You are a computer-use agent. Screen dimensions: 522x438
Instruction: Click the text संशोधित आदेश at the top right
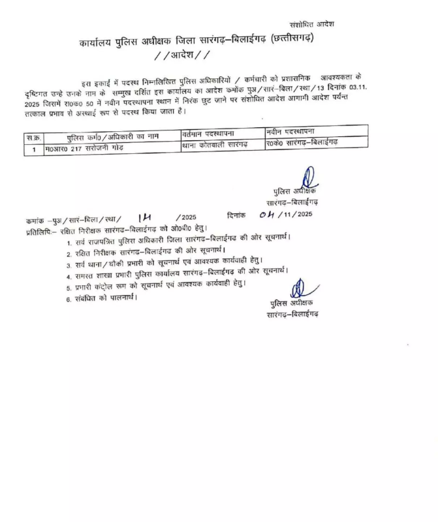[x=312, y=23]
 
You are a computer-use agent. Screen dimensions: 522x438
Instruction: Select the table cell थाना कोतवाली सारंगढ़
[x=214, y=146]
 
